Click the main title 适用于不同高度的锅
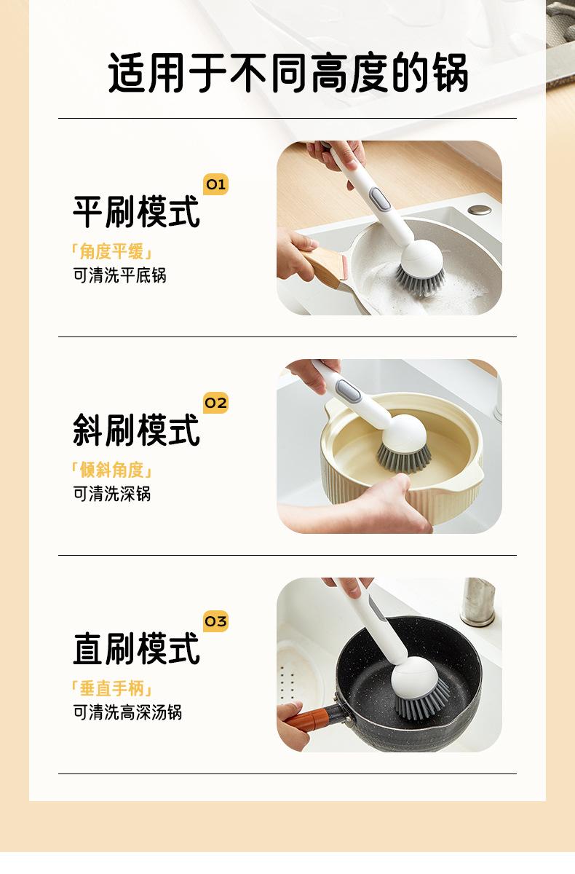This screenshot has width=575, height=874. tap(287, 73)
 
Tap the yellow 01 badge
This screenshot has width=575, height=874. tap(215, 184)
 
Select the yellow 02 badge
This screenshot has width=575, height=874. tap(215, 403)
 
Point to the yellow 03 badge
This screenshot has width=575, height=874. tap(215, 621)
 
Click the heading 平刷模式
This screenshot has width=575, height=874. tap(136, 211)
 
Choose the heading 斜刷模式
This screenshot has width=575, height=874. tap(136, 430)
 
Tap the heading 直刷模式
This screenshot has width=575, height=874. tap(136, 648)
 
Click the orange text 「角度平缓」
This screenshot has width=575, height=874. tap(111, 251)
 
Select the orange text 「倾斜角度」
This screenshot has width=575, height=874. tap(111, 470)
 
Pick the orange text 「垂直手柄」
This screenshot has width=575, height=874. tap(111, 688)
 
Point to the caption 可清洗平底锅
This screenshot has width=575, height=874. tap(119, 275)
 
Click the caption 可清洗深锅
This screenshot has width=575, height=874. tap(112, 494)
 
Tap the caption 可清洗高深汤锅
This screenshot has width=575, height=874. tap(127, 712)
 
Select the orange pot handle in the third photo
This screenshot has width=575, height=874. tap(308, 719)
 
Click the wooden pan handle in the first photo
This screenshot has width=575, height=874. tap(322, 267)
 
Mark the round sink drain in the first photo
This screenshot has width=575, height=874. tap(480, 210)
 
